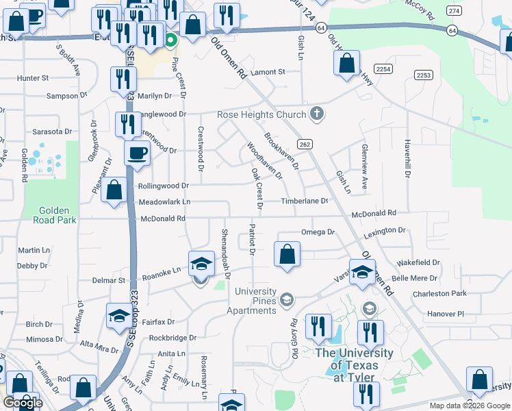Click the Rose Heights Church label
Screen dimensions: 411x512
point(262,114)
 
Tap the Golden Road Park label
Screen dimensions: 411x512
point(54,214)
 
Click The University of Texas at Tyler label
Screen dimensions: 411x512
point(354,364)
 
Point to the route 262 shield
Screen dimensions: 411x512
point(305,143)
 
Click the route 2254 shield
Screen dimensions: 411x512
point(383,68)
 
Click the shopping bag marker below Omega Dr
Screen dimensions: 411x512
point(287,254)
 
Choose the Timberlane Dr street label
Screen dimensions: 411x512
point(305,201)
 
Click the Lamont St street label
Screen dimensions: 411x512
point(267,72)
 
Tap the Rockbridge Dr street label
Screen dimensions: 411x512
point(172,338)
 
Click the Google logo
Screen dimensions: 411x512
point(23,403)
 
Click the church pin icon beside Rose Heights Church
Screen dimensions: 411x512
point(316,113)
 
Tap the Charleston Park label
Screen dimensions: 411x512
point(439,293)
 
